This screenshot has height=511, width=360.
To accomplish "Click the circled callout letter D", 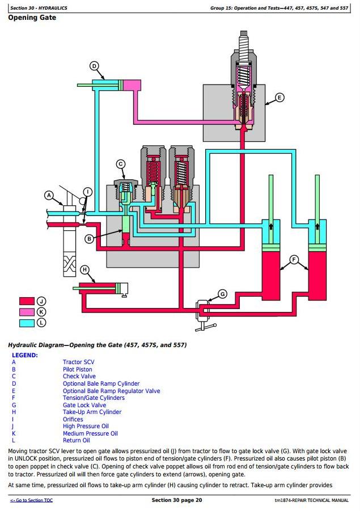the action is click(x=94, y=66).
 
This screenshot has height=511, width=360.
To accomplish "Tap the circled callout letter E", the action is click(x=279, y=98).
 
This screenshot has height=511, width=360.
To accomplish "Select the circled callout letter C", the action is click(x=121, y=164).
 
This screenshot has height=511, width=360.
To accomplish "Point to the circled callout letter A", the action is click(x=49, y=195).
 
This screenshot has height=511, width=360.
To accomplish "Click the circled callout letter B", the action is click(x=89, y=239).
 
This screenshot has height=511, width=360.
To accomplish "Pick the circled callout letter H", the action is click(x=84, y=269).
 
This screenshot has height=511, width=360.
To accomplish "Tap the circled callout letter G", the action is click(x=222, y=294).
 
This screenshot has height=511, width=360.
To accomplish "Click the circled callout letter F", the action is click(x=294, y=260).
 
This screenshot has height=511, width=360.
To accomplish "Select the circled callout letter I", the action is click(x=88, y=192).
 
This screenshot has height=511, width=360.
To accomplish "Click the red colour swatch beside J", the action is click(x=27, y=301).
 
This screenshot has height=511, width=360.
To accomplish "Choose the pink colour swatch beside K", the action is click(x=27, y=312).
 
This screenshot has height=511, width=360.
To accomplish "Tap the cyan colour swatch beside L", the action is click(x=27, y=323).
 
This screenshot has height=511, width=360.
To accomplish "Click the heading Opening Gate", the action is click(x=32, y=18).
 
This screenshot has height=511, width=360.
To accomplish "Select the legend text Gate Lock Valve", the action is click(x=84, y=405).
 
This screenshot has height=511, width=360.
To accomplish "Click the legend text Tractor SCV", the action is click(x=78, y=362).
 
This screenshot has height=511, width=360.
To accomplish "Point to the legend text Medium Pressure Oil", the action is click(x=90, y=433).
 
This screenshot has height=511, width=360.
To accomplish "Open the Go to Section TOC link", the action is click(x=31, y=500).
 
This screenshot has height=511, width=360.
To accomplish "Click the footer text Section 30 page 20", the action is click(x=177, y=500).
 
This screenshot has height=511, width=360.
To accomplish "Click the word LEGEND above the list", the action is click(x=25, y=355).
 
